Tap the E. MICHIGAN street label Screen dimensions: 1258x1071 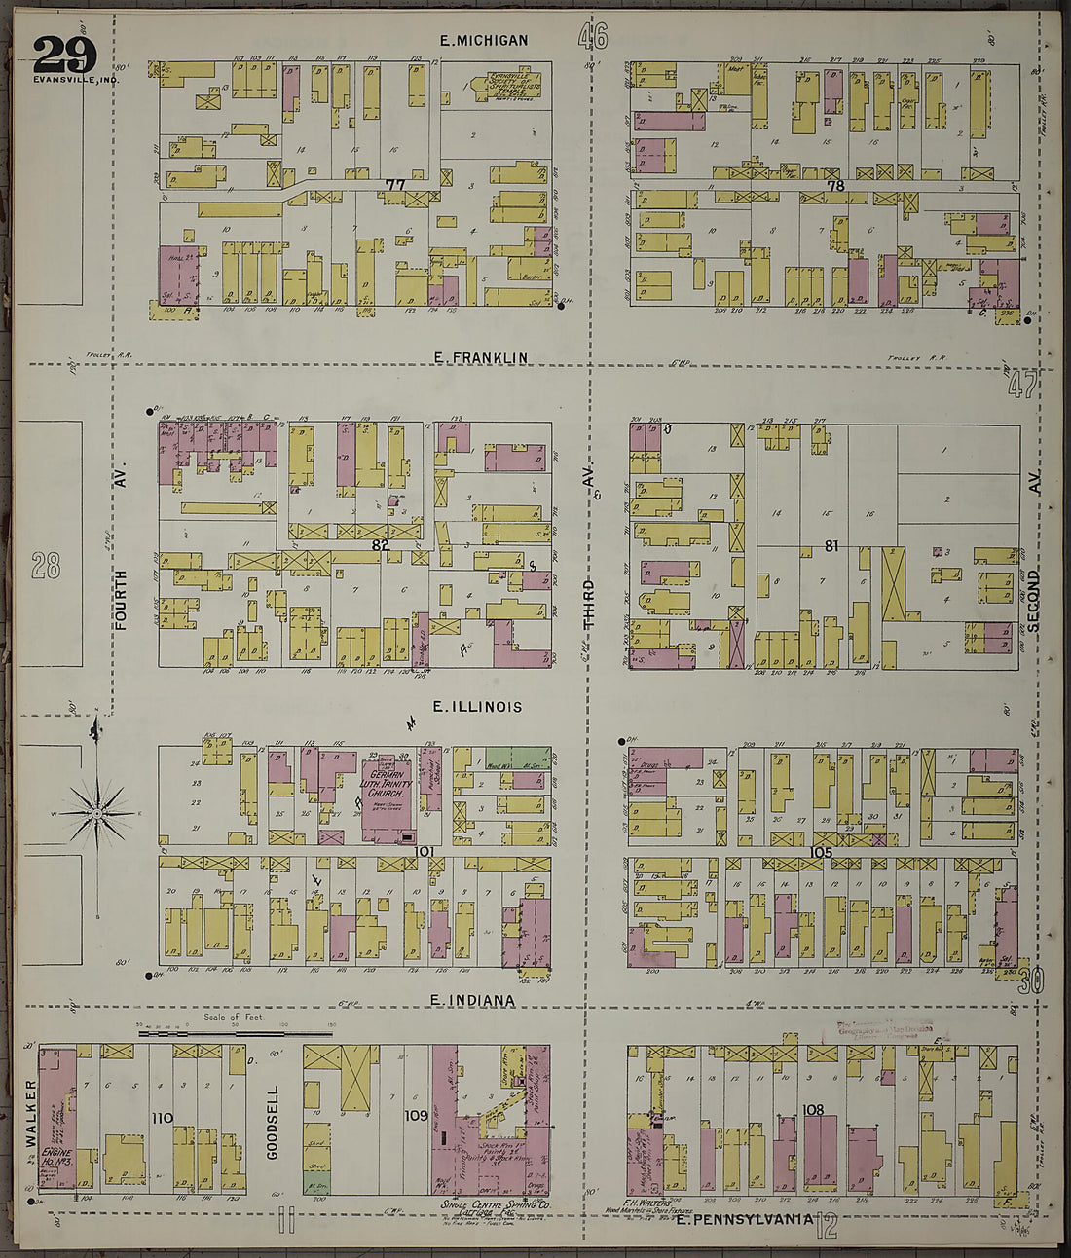point(484,40)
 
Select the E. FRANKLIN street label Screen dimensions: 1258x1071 point(481,357)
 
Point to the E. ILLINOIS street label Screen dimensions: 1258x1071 point(477,707)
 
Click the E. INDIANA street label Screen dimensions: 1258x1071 point(471,1000)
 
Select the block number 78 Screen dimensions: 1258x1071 point(834,185)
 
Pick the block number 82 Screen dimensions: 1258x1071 point(381,546)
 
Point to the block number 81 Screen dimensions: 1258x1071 point(831,546)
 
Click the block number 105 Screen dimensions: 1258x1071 point(820,852)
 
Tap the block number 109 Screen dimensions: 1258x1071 point(416,1115)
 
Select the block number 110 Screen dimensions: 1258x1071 point(162,1117)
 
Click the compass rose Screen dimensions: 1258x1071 point(97,811)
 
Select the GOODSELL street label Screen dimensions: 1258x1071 point(273,1122)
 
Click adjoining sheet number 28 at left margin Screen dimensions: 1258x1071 point(46,565)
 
